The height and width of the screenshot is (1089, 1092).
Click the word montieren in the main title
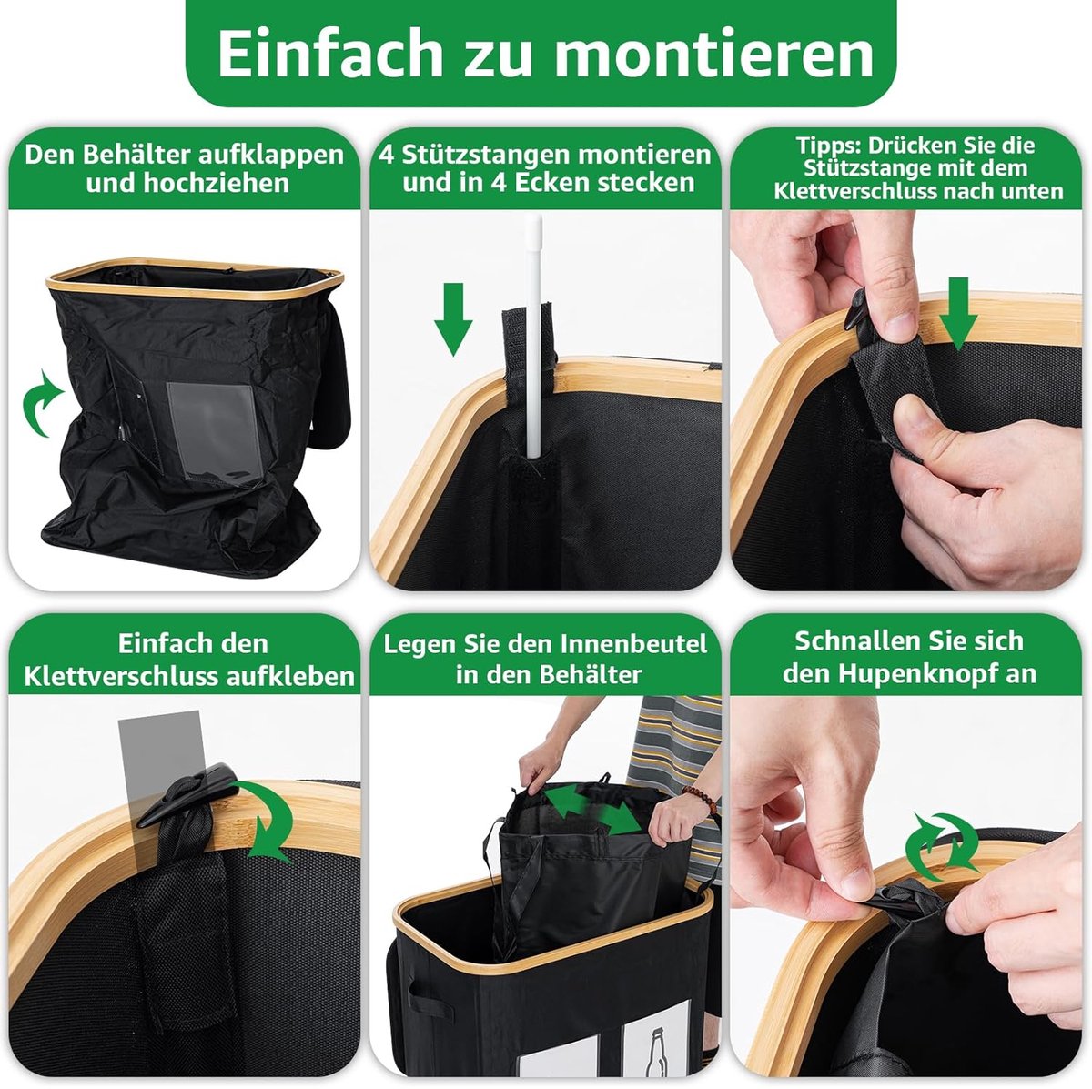click(x=714, y=54)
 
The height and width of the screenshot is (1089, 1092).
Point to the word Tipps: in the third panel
click(x=828, y=146)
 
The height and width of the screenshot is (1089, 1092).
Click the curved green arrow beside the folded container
click(x=41, y=402)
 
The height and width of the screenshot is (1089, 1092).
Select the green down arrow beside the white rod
click(x=453, y=319)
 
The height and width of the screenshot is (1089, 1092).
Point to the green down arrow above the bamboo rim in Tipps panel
click(x=957, y=313)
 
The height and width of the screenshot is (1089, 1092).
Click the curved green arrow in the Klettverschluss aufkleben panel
click(x=268, y=822)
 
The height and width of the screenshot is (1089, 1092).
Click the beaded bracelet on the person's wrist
click(x=699, y=797)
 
